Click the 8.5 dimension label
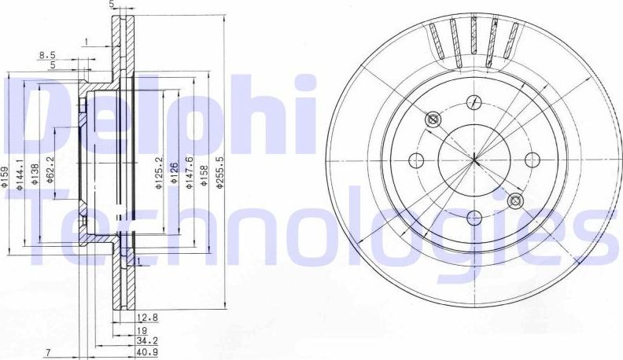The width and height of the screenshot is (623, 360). (47, 55)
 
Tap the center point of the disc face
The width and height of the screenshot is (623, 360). (475, 160)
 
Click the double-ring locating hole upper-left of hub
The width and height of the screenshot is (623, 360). (432, 119)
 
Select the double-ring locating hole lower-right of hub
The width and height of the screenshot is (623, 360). (516, 201)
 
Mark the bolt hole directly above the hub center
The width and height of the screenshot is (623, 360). (474, 101)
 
